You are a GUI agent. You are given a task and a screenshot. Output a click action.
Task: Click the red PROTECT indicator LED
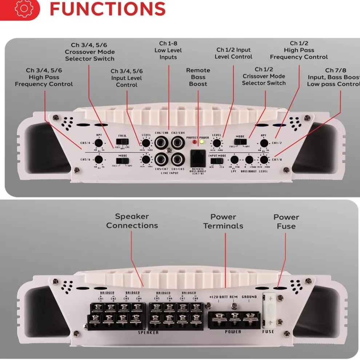coord(194,142)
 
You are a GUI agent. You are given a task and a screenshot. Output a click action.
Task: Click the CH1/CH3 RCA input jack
coord(177,159)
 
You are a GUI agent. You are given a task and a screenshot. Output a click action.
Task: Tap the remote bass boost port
coord(198,158)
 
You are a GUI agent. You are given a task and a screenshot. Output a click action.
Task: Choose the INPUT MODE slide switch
coord(217,160)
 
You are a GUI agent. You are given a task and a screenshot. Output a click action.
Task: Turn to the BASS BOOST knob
coord(249,160)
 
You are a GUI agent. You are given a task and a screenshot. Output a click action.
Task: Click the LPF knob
coord(235,160)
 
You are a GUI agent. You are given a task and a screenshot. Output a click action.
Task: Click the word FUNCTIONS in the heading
coord(108,9)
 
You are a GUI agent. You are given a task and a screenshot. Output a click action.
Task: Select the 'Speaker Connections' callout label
coord(132,221)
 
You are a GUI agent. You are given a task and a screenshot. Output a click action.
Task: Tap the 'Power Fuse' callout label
coord(286,221)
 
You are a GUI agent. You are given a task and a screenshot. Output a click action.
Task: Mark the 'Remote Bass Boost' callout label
coord(198,77)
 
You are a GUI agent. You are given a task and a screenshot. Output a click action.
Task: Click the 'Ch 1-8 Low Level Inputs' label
coord(168,50)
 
